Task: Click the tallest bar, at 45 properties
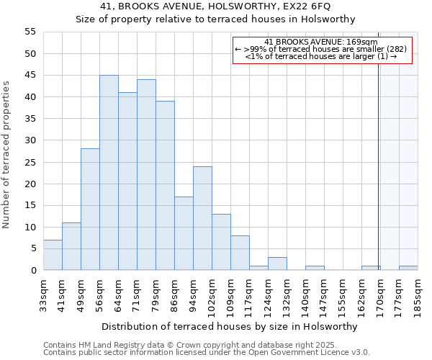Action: point(109,173)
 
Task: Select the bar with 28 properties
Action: point(90,210)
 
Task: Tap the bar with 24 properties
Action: point(202,218)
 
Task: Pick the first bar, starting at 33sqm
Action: point(53,255)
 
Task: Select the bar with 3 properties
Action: point(277,264)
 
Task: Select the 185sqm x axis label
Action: point(418,295)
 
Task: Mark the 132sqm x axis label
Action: point(287,295)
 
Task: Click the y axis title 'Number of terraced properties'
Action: point(7,155)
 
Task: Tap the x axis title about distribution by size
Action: point(230,326)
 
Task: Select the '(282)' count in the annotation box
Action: point(395,49)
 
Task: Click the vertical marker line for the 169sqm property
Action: point(379,158)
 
